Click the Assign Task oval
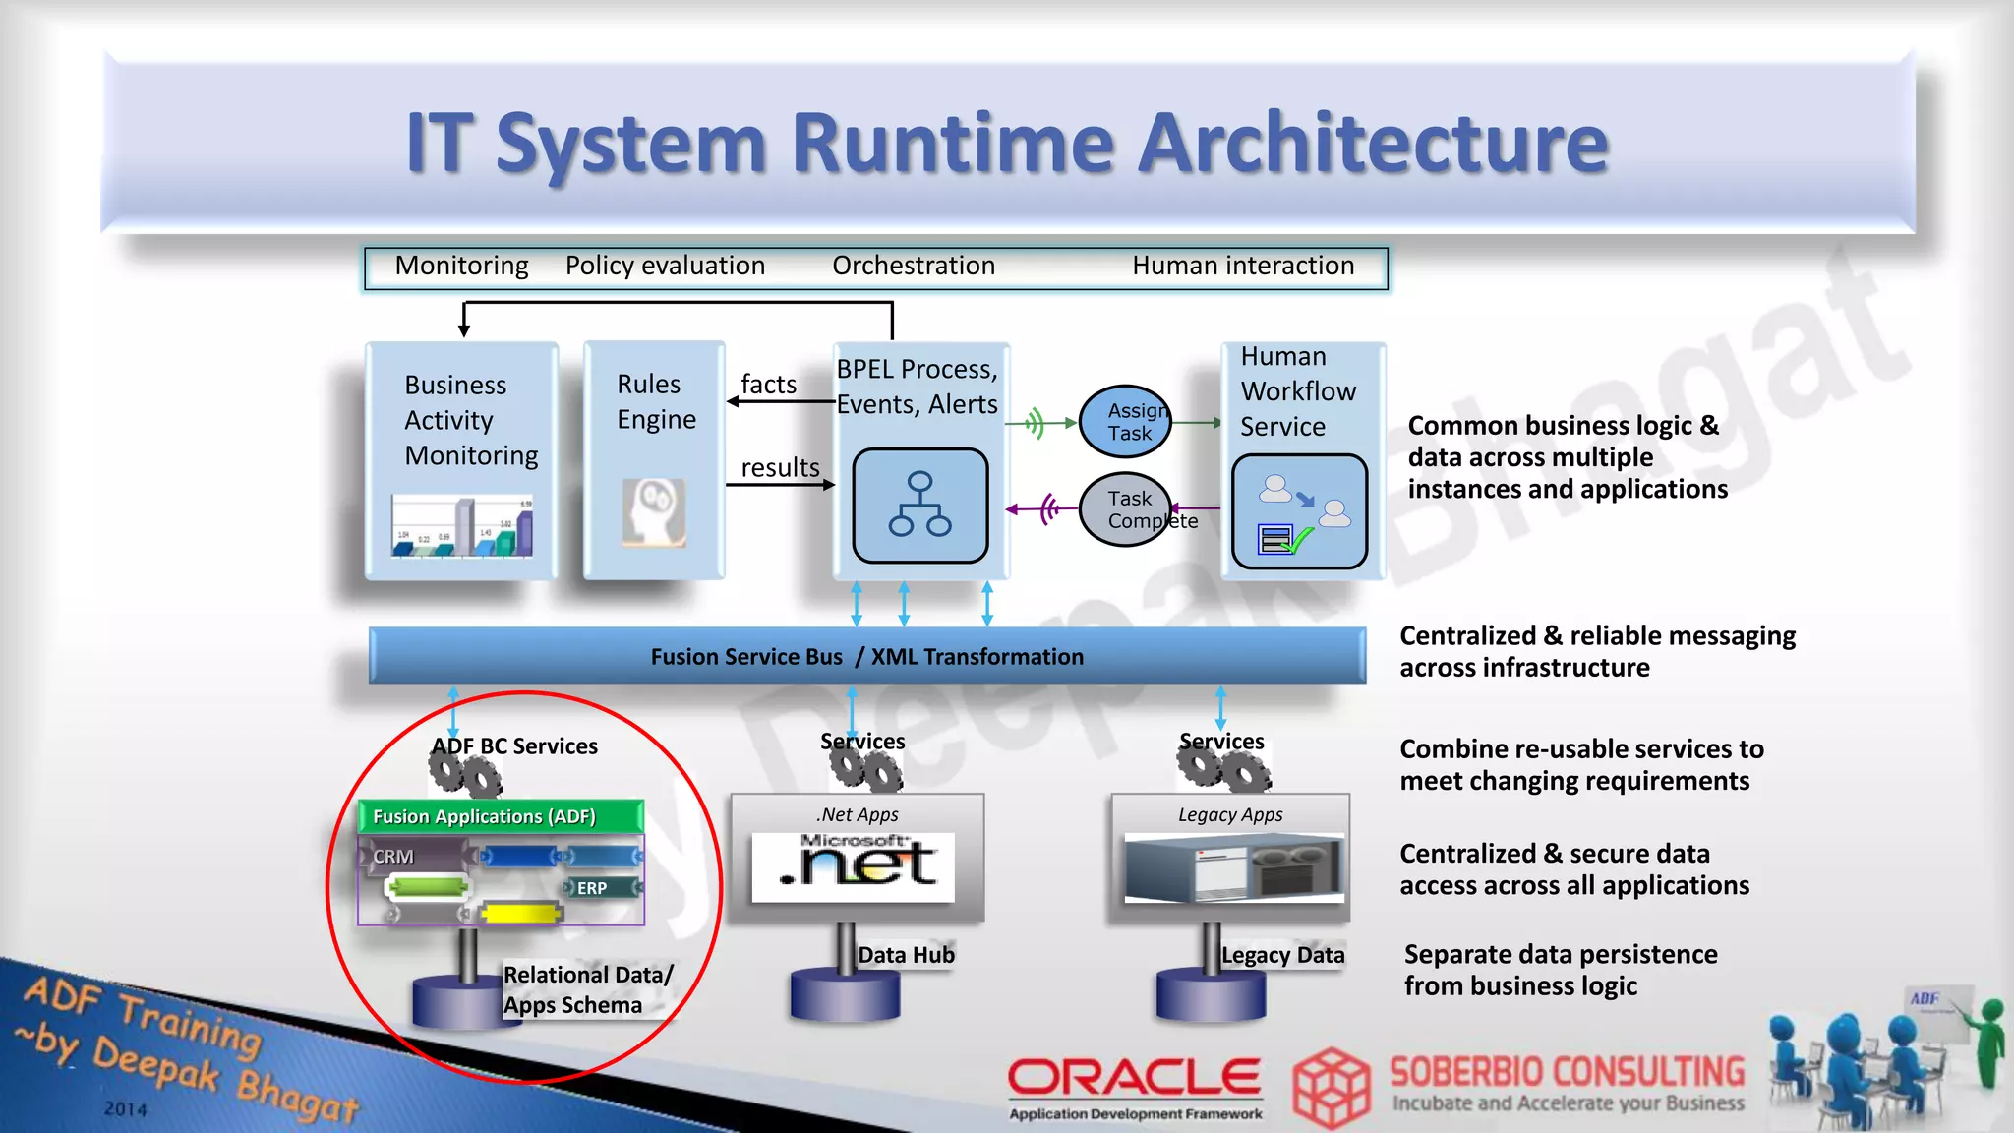pos(1126,422)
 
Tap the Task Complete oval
pos(1126,509)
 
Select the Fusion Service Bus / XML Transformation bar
pos(866,656)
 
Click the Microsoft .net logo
pos(853,866)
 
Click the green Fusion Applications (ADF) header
pos(501,816)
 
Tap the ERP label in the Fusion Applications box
pos(592,888)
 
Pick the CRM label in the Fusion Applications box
pos(393,857)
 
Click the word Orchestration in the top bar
pos(914,266)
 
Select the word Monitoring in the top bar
pos(461,266)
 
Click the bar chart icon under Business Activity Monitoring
pos(462,526)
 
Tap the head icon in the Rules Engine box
pos(654,511)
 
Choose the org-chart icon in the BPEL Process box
pos(919,506)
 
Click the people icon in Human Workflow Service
pos(1299,511)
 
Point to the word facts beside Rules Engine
pos(768,385)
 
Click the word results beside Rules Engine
pos(780,468)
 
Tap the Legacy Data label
pos(1282,955)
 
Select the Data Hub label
pos(906,955)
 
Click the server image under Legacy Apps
pos(1233,867)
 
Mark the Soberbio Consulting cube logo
pos(1331,1087)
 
